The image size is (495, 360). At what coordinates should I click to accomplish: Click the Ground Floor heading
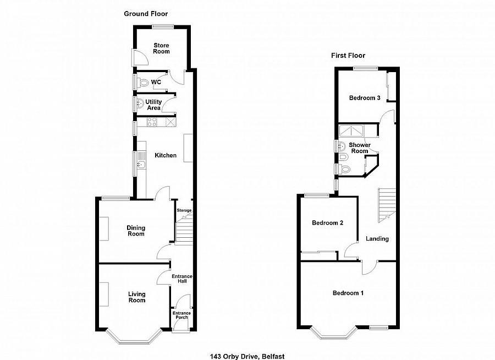(x=146, y=14)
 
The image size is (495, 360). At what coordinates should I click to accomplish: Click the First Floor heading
(x=348, y=55)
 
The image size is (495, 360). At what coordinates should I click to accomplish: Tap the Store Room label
(x=162, y=48)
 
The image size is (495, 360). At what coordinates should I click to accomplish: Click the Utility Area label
(x=153, y=105)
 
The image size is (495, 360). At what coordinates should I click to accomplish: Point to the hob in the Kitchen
(x=151, y=123)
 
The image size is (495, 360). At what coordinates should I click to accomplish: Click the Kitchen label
(x=166, y=156)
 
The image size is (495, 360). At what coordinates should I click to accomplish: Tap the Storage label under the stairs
(x=184, y=211)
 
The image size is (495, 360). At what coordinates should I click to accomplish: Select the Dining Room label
(x=135, y=231)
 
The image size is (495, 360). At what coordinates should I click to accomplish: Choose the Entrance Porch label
(x=181, y=315)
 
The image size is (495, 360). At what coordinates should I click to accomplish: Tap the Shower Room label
(x=359, y=148)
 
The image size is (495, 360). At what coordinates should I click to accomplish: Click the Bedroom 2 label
(x=328, y=223)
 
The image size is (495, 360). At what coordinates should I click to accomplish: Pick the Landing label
(x=377, y=239)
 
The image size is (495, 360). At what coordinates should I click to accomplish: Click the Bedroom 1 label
(x=348, y=293)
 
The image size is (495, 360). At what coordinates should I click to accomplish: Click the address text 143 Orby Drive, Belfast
(x=247, y=356)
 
